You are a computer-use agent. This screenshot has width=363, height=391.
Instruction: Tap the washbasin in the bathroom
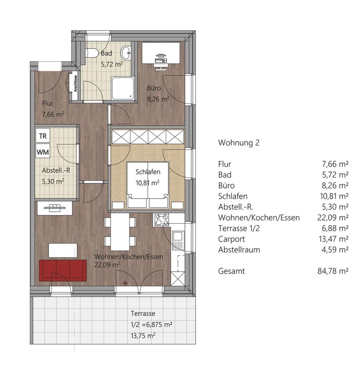coord(126,53)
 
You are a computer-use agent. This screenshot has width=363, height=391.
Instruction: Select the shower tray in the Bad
coord(122,88)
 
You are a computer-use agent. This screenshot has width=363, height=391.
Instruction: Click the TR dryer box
coord(43,136)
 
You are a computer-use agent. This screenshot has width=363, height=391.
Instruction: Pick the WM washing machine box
coord(43,151)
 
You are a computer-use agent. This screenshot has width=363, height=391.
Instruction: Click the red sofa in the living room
coord(63,270)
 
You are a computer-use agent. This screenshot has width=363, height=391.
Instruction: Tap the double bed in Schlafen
coord(148,185)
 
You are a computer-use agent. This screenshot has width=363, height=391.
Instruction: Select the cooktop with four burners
coord(162,220)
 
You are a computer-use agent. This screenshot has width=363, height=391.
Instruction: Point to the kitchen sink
coord(178,239)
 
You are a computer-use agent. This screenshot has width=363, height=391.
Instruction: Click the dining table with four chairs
coord(120,232)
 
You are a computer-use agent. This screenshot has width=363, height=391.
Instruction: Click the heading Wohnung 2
coord(239,143)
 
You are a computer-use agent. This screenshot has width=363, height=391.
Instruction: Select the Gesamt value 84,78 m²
coord(333,271)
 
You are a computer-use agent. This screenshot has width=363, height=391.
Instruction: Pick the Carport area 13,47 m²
coord(334,239)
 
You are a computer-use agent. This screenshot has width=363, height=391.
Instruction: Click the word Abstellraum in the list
coord(239,249)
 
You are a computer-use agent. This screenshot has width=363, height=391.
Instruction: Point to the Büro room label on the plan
coord(154,88)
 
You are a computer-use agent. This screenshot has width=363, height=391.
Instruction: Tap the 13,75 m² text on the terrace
coord(143,335)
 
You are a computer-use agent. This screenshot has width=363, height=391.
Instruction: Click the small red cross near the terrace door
coord(125,283)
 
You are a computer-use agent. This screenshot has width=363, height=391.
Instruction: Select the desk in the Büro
coord(161,53)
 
